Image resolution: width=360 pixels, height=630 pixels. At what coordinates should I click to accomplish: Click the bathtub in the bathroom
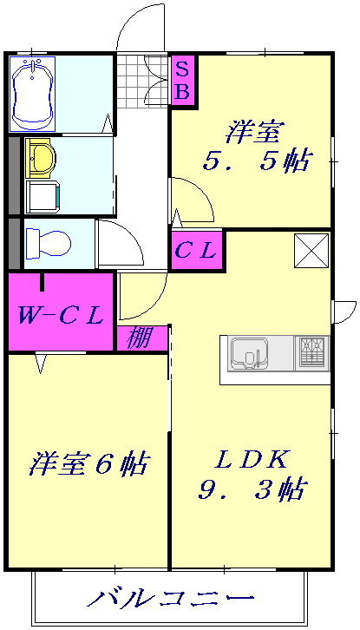click(33, 94)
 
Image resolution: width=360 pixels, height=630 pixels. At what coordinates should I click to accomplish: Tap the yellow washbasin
click(39, 158)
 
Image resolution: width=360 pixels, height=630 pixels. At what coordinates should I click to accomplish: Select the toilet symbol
click(49, 243)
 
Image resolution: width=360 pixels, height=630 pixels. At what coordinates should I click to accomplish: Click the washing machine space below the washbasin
click(43, 197)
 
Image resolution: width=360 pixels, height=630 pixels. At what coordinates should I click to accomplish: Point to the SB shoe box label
click(183, 82)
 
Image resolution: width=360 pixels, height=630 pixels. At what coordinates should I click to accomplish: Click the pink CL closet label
click(196, 251)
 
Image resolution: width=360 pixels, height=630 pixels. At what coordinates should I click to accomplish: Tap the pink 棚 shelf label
click(141, 338)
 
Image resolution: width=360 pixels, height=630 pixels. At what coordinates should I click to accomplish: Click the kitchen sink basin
click(249, 353)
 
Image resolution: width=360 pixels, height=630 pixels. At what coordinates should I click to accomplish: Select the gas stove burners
click(312, 352)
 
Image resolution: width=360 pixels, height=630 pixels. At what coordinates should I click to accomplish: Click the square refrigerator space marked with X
click(311, 250)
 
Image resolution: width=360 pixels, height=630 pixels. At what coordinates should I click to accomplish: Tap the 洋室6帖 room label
click(88, 463)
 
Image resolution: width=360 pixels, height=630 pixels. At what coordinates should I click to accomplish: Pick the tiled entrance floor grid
click(142, 82)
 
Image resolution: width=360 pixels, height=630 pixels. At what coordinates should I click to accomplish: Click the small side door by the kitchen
click(345, 312)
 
